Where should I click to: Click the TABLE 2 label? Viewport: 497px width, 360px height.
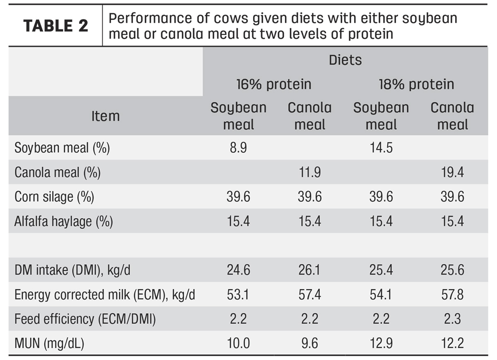pos(56,26)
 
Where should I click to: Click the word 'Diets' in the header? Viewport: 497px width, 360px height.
pos(345,60)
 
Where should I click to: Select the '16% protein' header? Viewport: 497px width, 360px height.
pos(274,85)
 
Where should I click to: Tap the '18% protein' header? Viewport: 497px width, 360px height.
pos(417,85)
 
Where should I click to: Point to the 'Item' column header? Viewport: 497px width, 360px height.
pos(106,116)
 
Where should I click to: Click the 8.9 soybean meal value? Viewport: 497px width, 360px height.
pos(238,147)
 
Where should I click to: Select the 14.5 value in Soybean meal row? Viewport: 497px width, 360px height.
pos(381,147)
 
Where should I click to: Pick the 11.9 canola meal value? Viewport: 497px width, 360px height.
pos(310,172)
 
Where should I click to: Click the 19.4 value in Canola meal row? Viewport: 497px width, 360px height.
pos(452,172)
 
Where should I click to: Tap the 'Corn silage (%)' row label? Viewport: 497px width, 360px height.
pos(54,197)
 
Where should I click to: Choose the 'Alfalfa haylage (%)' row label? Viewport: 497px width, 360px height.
pos(64,222)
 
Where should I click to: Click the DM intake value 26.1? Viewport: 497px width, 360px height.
pos(309,270)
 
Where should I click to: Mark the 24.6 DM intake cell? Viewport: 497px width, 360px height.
pos(239,270)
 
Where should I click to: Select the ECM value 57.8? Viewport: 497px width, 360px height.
pos(452,295)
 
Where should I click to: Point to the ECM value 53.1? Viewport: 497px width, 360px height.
pos(238,295)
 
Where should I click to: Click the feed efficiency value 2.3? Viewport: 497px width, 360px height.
pos(452,319)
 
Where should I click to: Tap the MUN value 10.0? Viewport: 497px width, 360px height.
pos(239,343)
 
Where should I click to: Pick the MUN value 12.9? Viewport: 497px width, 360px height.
pos(381,343)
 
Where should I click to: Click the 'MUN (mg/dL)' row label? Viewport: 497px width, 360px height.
pos(49,343)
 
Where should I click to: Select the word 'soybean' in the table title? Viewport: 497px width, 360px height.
pos(430,19)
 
